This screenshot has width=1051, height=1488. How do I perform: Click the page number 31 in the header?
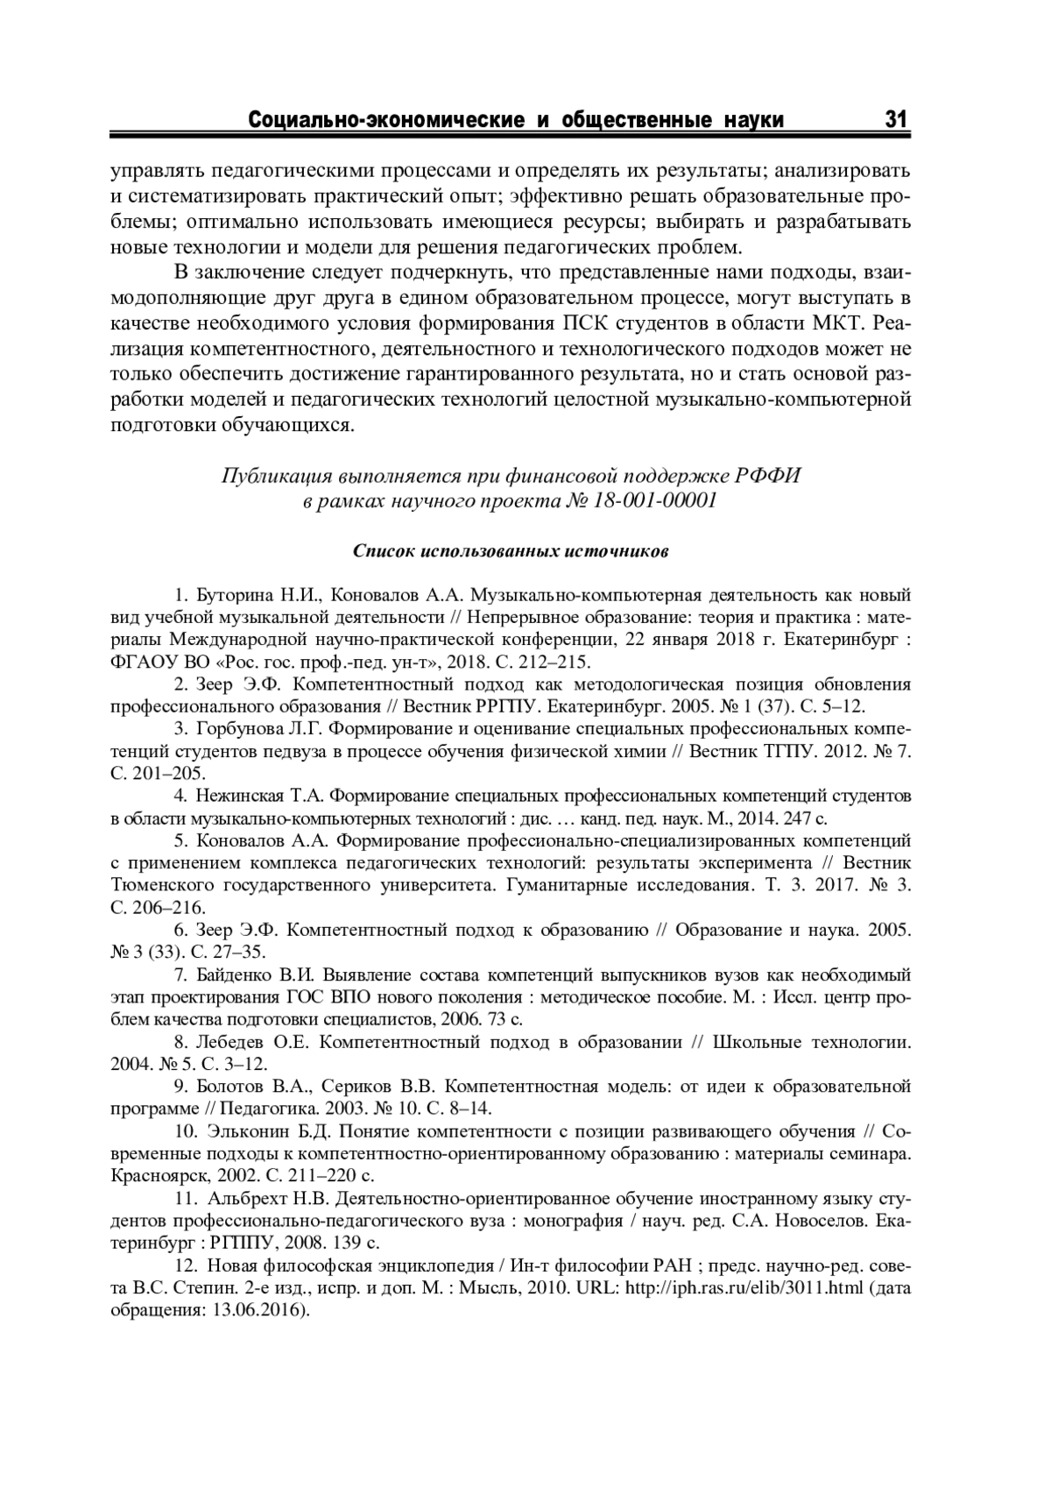(898, 120)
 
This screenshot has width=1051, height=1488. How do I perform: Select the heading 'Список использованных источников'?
(511, 551)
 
